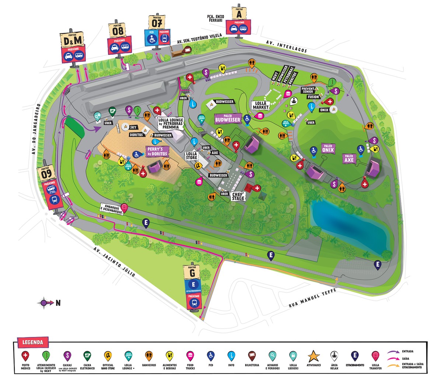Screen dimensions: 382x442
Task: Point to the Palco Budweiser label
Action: pyautogui.click(x=228, y=118)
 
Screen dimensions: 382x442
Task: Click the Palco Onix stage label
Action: pyautogui.click(x=327, y=148)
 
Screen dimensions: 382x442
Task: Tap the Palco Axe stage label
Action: pyautogui.click(x=349, y=158)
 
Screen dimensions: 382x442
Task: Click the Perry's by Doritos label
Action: pyautogui.click(x=157, y=151)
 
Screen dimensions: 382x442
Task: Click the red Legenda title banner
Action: pyautogui.click(x=32, y=342)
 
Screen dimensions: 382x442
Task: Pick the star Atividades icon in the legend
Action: pyautogui.click(x=313, y=356)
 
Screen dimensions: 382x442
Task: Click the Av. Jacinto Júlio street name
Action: pyautogui.click(x=114, y=262)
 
